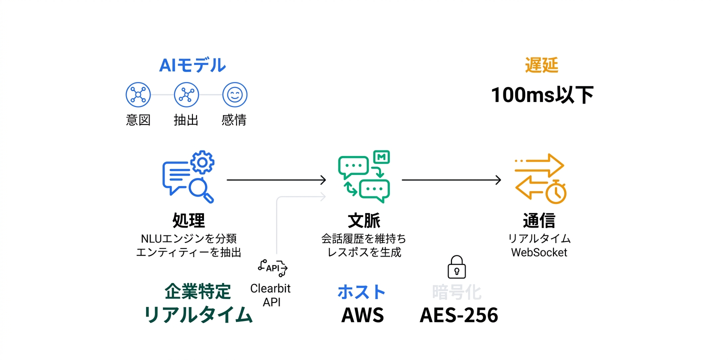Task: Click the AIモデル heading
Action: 192,65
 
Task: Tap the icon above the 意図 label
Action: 137,95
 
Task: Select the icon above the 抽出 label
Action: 186,95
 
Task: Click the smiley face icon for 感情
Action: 234,95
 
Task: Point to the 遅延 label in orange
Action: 541,65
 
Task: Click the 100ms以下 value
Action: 542,95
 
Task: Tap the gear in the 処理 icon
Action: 202,162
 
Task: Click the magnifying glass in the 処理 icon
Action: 201,190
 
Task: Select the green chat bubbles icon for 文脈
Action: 364,176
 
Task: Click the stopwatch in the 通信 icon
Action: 555,192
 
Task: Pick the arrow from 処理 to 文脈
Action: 276,180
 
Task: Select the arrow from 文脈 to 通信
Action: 451,180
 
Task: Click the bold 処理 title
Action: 188,220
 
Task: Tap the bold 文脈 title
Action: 364,220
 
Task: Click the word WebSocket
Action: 539,252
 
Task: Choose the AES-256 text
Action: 458,315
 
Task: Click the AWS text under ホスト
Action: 362,315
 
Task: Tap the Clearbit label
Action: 270,288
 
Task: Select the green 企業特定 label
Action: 197,291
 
